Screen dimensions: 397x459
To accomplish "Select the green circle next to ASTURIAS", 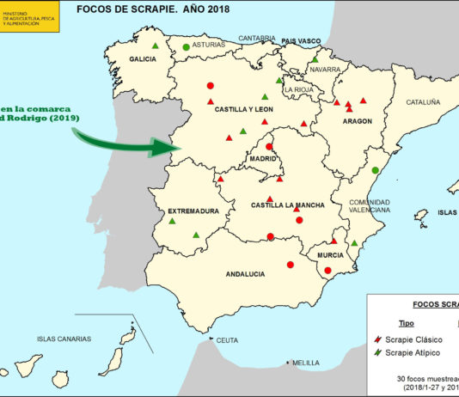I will [186, 46].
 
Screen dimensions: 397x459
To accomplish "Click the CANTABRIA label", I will [257, 38].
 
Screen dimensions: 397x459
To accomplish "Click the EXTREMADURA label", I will [193, 211].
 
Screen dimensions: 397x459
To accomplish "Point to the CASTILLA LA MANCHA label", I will [287, 205].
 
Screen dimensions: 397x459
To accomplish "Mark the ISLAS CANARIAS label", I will [64, 339].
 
